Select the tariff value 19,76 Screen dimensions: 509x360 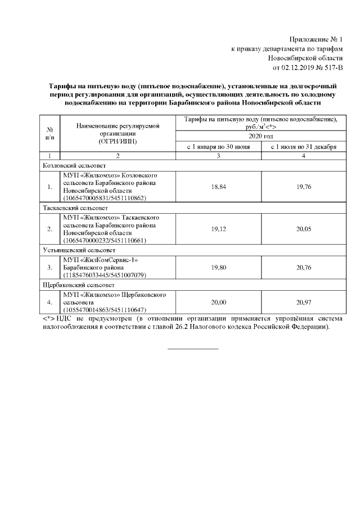tap(304, 187)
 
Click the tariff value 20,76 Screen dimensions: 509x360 tap(304, 268)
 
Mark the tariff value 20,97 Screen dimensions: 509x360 tap(304, 302)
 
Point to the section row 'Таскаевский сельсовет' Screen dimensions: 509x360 tap(76, 208)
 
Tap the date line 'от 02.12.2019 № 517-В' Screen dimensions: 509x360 tap(307, 68)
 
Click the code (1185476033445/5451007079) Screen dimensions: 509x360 tap(105, 276)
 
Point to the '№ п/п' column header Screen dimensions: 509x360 tap(49, 133)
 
